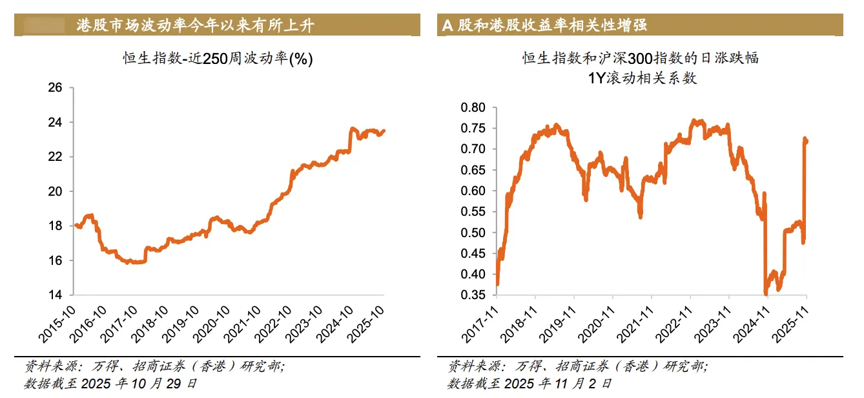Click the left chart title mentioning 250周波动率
tap(218, 59)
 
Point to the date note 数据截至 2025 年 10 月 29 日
tap(110, 383)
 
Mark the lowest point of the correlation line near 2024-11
tap(766, 294)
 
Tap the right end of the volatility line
tap(384, 131)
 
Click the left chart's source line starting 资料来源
tap(154, 366)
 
